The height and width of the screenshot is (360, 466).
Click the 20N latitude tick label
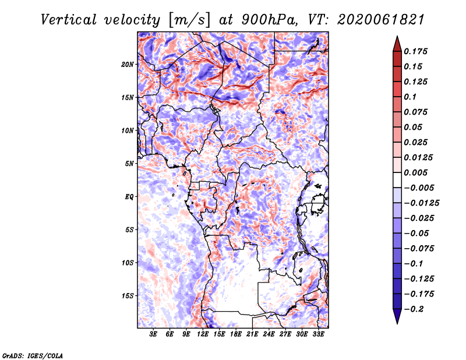coord(128,65)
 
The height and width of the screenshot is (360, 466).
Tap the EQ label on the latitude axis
coord(129,197)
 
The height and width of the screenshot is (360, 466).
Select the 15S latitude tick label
coord(128,296)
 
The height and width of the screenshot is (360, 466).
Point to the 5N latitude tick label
coord(129,164)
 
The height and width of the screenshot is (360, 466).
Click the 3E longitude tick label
coord(153,334)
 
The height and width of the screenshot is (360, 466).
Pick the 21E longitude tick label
coord(252,334)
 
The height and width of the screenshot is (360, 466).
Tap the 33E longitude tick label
coord(318,334)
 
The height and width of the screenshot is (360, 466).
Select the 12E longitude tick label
coord(203,334)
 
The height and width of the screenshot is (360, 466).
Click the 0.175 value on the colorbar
coord(415,51)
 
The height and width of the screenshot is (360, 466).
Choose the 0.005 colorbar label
coord(415,172)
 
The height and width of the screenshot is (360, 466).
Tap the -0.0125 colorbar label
coord(421,203)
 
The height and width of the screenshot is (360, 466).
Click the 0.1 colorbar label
coord(410,97)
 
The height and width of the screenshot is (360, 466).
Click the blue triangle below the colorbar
coord(397,316)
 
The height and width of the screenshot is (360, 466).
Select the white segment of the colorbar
coord(397,180)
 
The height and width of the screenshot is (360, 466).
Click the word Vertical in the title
coord(69,20)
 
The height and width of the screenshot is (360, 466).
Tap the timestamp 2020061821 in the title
coord(381,20)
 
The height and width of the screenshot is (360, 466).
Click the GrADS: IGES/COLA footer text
coord(33,355)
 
